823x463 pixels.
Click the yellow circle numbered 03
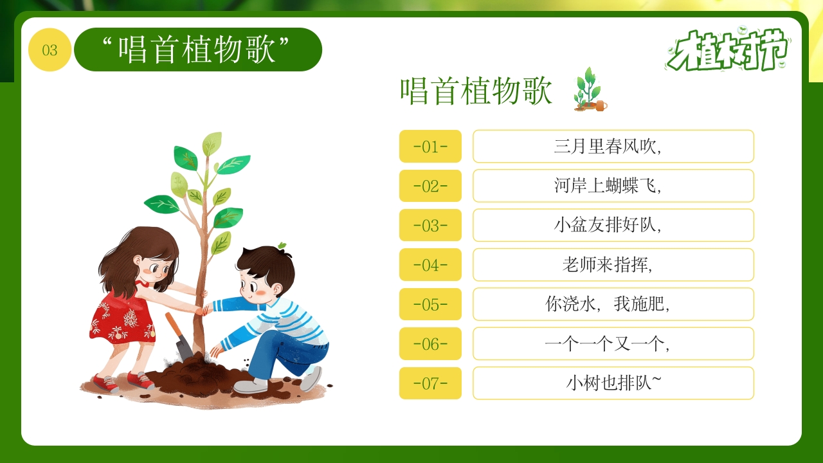pos(50,50)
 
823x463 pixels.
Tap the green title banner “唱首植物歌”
pos(197,50)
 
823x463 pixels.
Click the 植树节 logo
pos(728,50)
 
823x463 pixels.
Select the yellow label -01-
pos(430,147)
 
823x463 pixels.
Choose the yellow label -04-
pos(430,265)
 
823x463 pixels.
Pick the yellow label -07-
pos(430,383)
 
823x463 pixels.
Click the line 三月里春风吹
pos(613,147)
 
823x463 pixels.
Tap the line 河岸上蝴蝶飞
pos(613,186)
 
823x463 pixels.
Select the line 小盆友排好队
pos(613,226)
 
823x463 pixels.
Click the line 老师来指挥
pos(613,265)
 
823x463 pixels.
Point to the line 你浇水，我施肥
pos(613,304)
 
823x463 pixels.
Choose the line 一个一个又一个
pos(613,344)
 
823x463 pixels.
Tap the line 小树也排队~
pos(613,383)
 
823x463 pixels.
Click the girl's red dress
pos(122,318)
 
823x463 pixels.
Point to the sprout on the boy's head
pos(282,246)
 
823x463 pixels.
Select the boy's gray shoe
pos(251,386)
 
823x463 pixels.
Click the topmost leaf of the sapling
pos(212,143)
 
